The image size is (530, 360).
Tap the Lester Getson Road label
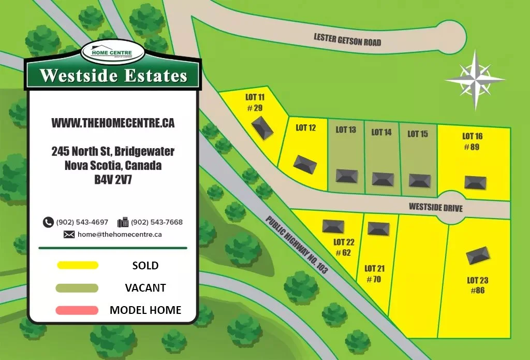(347, 39)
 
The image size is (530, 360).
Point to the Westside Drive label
(435, 207)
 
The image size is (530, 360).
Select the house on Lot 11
(262, 127)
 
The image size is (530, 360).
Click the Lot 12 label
(305, 127)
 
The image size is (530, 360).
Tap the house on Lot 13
(346, 176)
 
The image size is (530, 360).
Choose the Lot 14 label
(381, 133)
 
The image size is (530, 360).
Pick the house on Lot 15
(419, 180)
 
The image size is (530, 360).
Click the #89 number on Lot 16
(472, 147)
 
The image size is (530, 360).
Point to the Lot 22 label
(344, 242)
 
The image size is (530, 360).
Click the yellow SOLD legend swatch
(78, 265)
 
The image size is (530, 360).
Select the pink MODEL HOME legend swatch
(78, 310)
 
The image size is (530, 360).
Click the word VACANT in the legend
(145, 288)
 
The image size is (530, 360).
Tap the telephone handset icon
(48, 222)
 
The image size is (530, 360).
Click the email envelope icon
(69, 234)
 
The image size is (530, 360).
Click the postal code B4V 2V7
(113, 180)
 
